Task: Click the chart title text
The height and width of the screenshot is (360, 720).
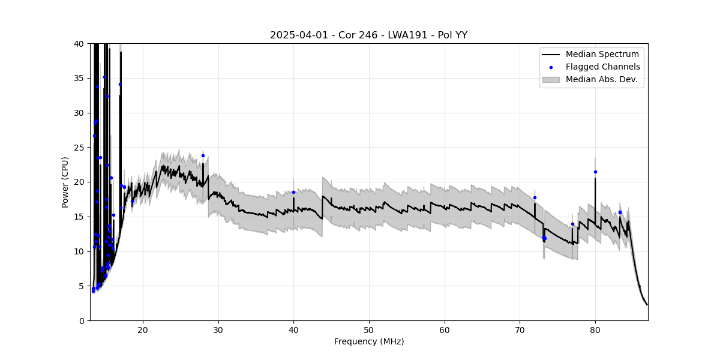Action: [x=368, y=35]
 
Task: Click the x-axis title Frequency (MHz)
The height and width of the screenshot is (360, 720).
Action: [x=368, y=342]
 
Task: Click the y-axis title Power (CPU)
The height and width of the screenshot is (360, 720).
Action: [x=65, y=182]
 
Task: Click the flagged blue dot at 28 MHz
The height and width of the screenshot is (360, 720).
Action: [x=203, y=155]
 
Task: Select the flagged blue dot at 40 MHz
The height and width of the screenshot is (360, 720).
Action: [x=293, y=193]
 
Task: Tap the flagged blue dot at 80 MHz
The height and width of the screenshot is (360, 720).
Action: [x=595, y=172]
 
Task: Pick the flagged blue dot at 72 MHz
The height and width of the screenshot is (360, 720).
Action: [x=535, y=197]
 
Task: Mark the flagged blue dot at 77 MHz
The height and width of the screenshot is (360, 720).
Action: [x=572, y=224]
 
